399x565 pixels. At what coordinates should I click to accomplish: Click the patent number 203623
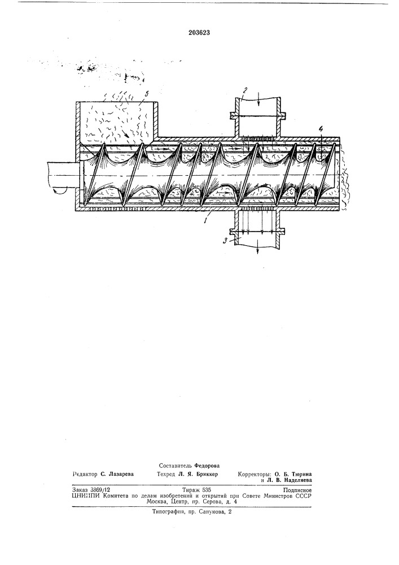pyautogui.click(x=199, y=32)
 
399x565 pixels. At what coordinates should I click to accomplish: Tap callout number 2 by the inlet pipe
pyautogui.click(x=244, y=90)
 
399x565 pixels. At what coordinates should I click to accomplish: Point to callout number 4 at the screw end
pyautogui.click(x=321, y=129)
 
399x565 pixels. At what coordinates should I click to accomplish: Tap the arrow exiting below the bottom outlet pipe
pyautogui.click(x=258, y=250)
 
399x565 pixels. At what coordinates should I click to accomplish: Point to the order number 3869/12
pyautogui.click(x=100, y=490)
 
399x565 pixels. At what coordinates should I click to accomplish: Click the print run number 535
pyautogui.click(x=207, y=490)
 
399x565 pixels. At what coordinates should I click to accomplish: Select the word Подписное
pyautogui.click(x=297, y=490)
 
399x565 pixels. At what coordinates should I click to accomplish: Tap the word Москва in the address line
pyautogui.click(x=156, y=502)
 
